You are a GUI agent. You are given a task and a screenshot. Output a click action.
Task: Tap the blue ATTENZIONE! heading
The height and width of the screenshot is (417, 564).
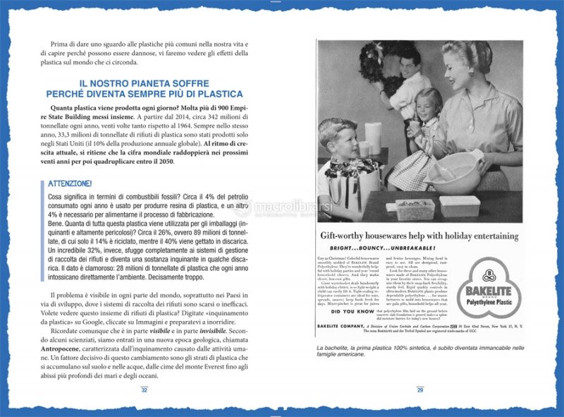coord(70,183)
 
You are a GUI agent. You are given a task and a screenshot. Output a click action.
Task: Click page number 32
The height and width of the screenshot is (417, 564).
coord(145,389)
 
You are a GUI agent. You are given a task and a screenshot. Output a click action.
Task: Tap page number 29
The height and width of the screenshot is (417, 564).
coord(419,389)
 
